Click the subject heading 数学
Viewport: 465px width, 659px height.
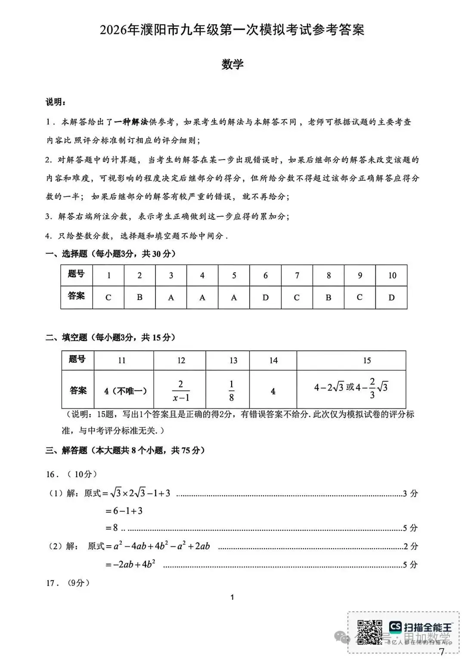232,64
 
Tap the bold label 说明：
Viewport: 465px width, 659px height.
56,102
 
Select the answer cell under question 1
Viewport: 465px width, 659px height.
108,297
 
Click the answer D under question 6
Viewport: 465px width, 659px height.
265,297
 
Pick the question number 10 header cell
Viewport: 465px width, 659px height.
392,275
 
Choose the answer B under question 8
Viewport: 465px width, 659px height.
328,297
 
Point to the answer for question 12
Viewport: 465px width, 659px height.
181,390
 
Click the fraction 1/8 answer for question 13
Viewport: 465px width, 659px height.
231,390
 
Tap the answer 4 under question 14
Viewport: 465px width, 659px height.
273,391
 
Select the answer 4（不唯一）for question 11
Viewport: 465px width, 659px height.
125,391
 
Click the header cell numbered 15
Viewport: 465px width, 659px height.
366,360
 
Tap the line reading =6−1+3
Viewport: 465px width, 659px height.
124,511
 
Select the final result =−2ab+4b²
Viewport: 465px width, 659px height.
130,564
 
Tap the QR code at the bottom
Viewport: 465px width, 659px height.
369,632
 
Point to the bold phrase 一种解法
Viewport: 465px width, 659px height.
131,122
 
